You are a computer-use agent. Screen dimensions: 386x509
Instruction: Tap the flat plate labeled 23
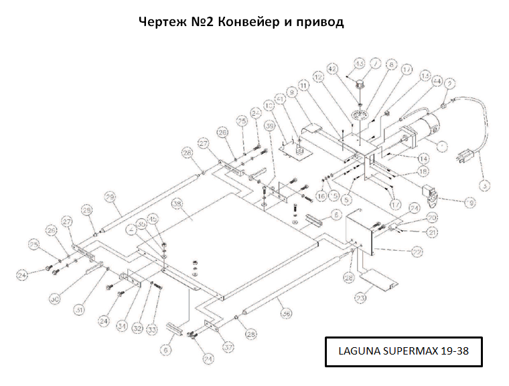point(378,280)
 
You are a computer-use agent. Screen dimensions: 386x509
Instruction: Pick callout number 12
point(318,78)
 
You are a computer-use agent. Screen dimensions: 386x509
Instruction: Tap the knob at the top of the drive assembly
point(360,86)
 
